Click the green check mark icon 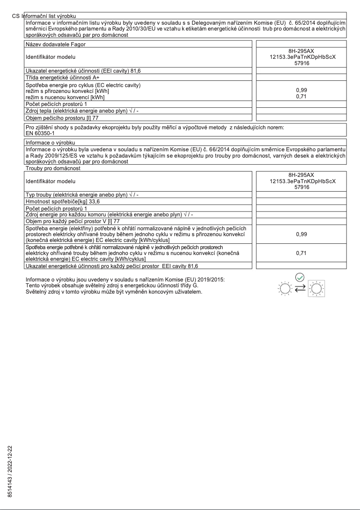(300, 278)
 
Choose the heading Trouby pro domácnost (53, 168)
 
